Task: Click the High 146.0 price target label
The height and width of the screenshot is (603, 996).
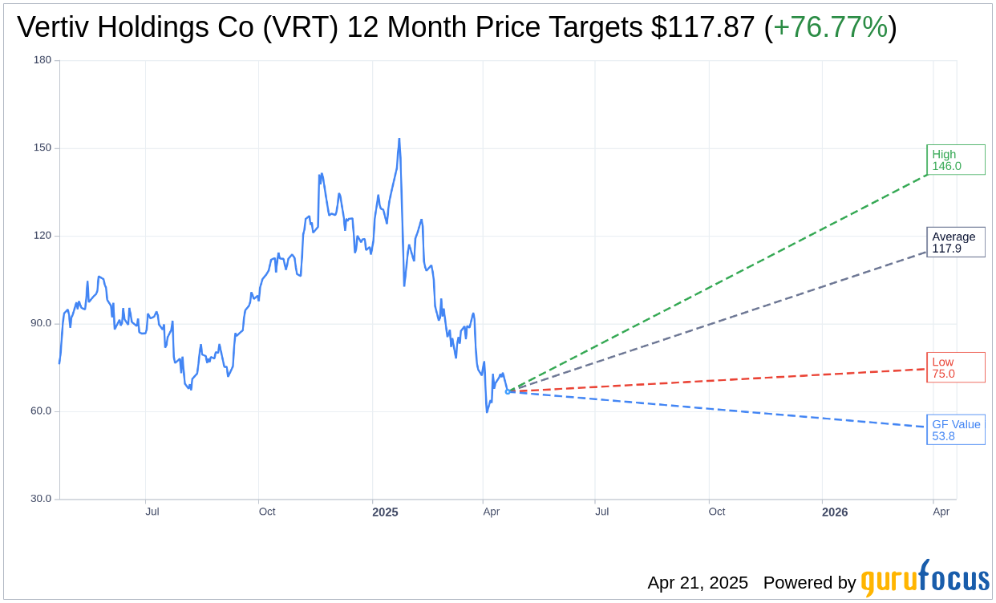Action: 955,160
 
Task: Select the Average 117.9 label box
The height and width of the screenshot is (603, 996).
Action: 955,242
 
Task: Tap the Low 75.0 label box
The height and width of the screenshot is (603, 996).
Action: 955,367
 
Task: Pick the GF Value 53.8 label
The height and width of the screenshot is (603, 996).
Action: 955,430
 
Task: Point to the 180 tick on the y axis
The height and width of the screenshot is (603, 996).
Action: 43,60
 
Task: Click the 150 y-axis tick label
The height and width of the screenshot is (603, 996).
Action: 43,148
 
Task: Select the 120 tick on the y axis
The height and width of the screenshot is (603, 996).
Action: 43,236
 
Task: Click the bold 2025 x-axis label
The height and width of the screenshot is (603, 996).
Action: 385,512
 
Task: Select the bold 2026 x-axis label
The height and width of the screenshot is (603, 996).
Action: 835,512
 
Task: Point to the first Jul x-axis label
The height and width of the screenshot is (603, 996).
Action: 152,512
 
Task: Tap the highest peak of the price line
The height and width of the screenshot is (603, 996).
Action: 399,139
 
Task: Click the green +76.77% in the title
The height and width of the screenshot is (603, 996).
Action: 830,27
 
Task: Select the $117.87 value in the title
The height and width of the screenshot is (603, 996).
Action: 702,27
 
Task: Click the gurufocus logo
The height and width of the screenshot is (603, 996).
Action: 925,579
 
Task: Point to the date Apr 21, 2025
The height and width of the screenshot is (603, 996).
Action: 698,583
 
